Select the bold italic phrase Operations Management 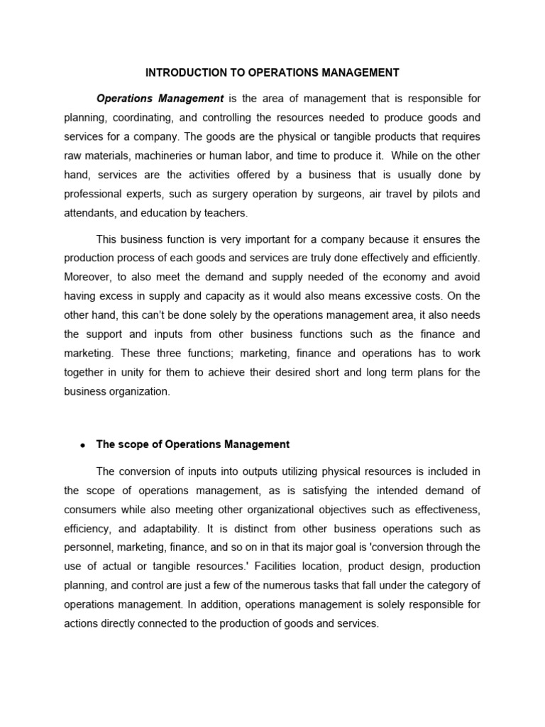coord(160,98)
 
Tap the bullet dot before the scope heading coord(83,445)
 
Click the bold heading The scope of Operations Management coord(193,444)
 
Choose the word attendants coord(89,213)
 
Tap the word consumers coord(89,509)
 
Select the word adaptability coord(158,528)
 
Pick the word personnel coord(87,547)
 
